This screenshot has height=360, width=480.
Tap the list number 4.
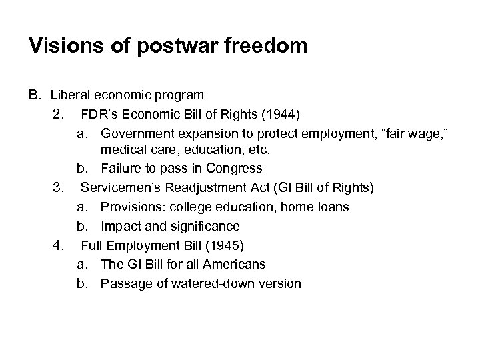click(58, 245)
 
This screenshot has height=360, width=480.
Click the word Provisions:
click(133, 207)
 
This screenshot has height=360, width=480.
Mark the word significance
click(205, 227)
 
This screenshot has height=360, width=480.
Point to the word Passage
click(123, 283)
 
